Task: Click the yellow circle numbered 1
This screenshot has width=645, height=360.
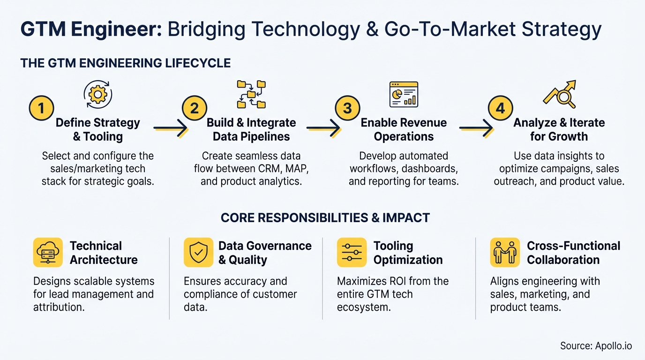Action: point(41,109)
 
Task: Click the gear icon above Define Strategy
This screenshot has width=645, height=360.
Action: point(97,94)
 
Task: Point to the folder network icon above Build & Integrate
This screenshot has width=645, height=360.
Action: point(251,94)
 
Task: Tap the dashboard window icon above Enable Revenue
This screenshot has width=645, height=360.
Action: point(404,94)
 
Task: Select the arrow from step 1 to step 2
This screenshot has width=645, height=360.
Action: point(170,127)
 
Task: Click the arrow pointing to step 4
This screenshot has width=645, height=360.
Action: point(476,127)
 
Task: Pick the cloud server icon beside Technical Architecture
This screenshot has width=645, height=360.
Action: point(48,252)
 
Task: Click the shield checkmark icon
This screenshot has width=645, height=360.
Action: point(198,252)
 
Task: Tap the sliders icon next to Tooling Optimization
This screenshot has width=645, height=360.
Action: point(352,252)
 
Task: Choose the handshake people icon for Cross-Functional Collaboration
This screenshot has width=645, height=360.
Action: point(505,252)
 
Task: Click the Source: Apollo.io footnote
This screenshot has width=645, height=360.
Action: point(596,346)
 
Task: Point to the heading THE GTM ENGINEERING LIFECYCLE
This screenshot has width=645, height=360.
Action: point(125,63)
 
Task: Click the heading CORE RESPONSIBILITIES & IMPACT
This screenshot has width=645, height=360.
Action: point(325,217)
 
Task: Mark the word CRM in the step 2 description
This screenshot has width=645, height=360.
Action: point(280,168)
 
